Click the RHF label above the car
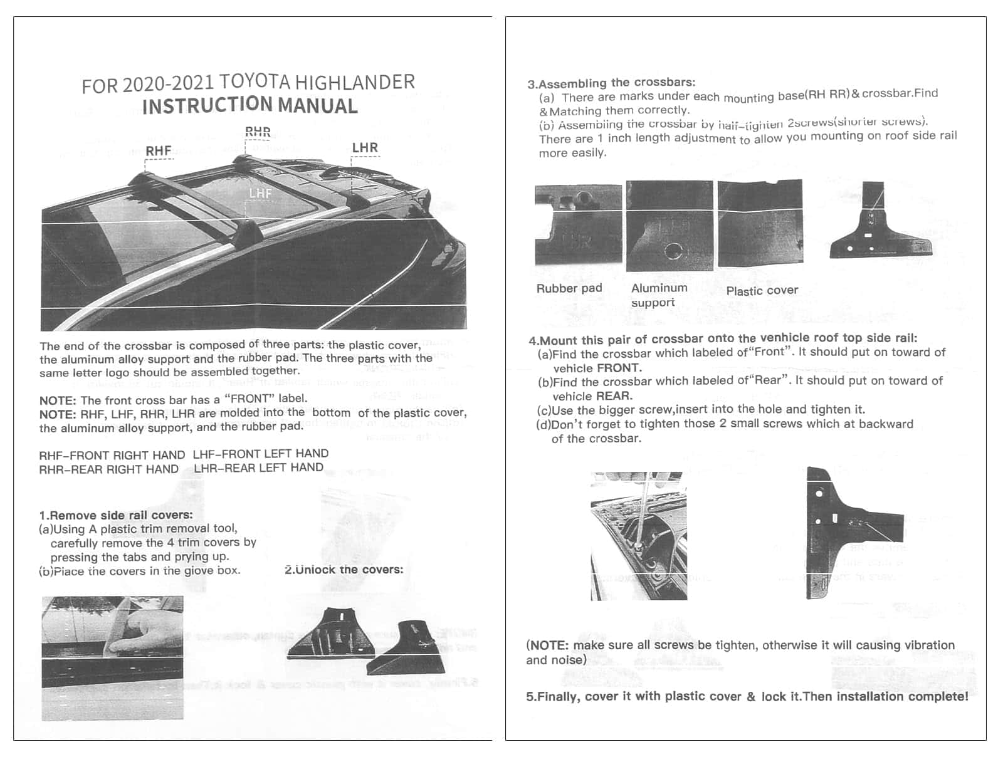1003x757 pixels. click(159, 151)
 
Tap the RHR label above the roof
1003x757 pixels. click(258, 132)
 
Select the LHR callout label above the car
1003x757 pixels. click(365, 148)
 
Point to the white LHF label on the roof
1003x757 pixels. click(260, 193)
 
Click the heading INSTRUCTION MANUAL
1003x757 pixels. click(250, 106)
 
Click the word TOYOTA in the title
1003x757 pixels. click(255, 83)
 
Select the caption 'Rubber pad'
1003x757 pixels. click(569, 288)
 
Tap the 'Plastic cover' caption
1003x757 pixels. click(762, 291)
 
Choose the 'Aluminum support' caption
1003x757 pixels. click(659, 295)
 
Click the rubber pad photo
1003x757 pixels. click(578, 225)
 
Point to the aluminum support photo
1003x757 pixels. click(669, 226)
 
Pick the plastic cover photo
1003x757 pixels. click(760, 223)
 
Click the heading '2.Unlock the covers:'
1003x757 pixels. click(344, 570)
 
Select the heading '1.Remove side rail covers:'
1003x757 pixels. click(116, 515)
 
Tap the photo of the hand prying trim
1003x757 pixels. click(113, 658)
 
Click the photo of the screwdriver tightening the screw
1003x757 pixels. click(638, 536)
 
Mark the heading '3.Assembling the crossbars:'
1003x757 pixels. click(611, 83)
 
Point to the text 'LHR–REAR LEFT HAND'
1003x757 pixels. click(258, 467)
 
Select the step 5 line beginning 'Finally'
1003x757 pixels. click(747, 696)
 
